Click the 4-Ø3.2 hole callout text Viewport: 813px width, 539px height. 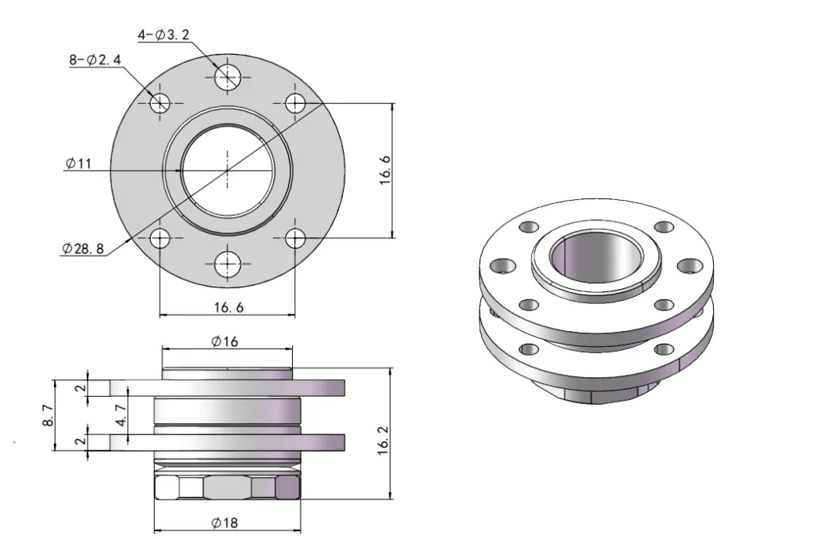tap(164, 35)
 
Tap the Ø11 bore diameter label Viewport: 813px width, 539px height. tap(79, 164)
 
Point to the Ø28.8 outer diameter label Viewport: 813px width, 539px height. tap(83, 248)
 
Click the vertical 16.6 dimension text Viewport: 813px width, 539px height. tap(385, 170)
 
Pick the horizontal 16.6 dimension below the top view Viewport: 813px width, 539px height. tap(227, 306)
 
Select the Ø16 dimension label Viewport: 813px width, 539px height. tap(225, 341)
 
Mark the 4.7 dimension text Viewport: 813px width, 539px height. tap(120, 414)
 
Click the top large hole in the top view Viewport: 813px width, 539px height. tap(228, 76)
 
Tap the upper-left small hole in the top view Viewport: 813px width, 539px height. tap(160, 102)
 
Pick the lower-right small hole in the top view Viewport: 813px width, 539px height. tap(295, 237)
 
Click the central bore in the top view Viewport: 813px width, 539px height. tap(228, 170)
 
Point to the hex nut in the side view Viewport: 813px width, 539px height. tap(227, 487)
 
